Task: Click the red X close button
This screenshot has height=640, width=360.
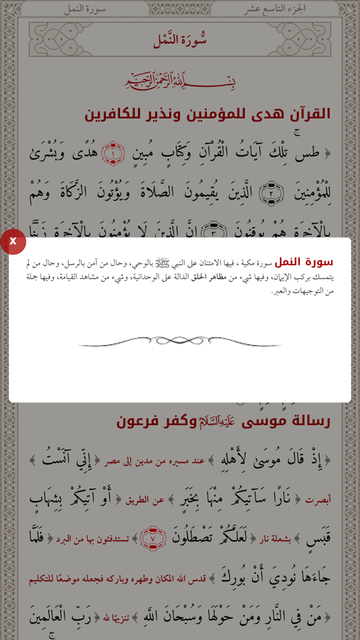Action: [12, 241]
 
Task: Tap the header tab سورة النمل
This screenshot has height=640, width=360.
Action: [85, 9]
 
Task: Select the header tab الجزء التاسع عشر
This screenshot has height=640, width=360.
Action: [275, 9]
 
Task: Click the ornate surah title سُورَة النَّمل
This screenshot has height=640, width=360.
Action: [179, 40]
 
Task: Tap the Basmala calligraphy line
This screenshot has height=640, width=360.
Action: [180, 82]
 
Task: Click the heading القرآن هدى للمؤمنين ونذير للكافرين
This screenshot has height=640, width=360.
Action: [207, 114]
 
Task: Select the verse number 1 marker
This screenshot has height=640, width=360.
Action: [113, 154]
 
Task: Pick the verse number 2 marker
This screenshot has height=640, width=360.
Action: [271, 193]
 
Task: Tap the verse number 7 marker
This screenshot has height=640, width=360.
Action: [153, 538]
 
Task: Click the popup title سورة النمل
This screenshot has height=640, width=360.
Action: [303, 262]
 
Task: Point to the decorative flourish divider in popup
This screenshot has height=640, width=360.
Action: [179, 342]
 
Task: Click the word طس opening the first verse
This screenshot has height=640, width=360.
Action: [307, 154]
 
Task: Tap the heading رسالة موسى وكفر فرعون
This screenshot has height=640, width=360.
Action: [223, 420]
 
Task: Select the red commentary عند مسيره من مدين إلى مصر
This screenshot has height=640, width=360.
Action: [155, 461]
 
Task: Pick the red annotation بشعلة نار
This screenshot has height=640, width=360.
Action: [275, 539]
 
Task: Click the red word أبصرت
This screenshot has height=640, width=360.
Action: [318, 500]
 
